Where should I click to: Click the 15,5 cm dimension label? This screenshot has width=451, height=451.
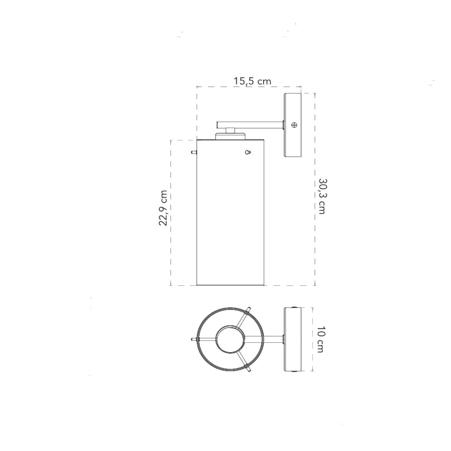click(x=252, y=81)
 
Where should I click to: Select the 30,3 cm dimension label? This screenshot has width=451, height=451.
click(x=322, y=196)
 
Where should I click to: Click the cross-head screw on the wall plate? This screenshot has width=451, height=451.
click(x=294, y=124)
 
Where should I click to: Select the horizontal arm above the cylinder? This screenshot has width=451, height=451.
click(x=250, y=125)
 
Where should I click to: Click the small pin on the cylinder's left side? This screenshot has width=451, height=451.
click(x=194, y=152)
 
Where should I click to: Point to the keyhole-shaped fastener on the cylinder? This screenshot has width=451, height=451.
click(x=248, y=152)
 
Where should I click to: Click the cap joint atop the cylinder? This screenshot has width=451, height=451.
click(x=230, y=134)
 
